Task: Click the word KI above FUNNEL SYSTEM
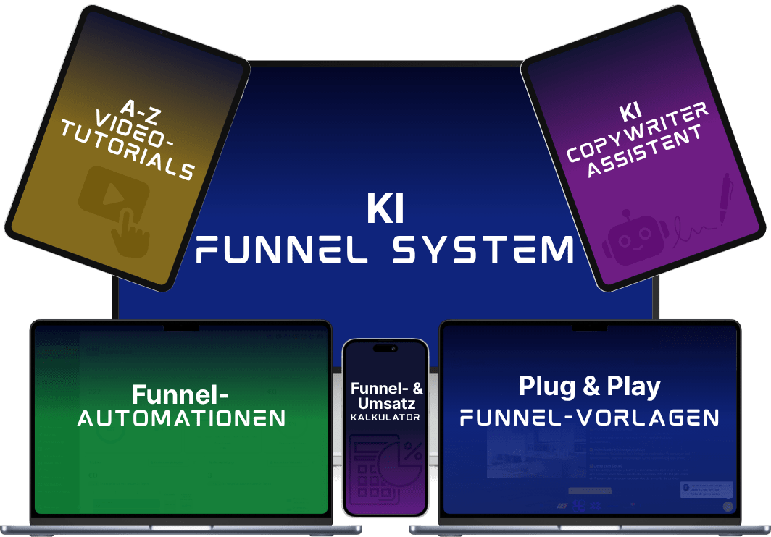click(x=385, y=210)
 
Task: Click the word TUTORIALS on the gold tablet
click(x=128, y=153)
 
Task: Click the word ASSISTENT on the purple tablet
click(x=645, y=156)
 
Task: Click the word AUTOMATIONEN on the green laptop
click(x=181, y=418)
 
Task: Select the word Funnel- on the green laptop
click(x=180, y=394)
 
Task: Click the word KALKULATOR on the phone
click(x=385, y=418)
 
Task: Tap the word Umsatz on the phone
click(x=385, y=403)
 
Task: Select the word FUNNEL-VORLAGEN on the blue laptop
click(x=589, y=418)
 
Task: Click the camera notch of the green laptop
click(x=180, y=327)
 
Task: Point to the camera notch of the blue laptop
click(x=590, y=327)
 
